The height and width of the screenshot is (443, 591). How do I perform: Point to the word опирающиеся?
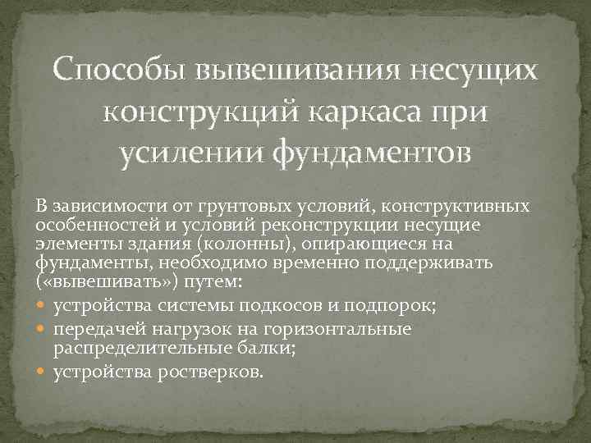pyautogui.click(x=364, y=244)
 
